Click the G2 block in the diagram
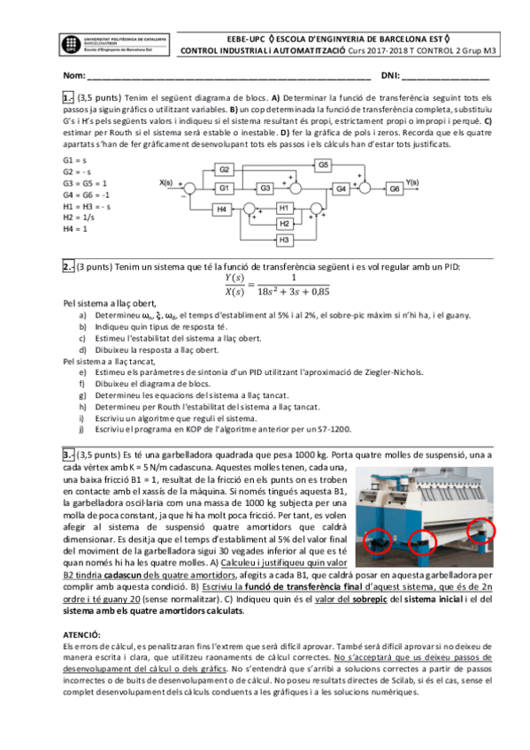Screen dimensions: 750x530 pyautogui.click(x=225, y=170)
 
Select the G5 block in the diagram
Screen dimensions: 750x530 pyautogui.click(x=324, y=165)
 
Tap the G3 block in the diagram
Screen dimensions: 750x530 pyautogui.click(x=265, y=188)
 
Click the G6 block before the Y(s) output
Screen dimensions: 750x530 pyautogui.click(x=395, y=188)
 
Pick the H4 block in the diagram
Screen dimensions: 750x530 pyautogui.click(x=225, y=210)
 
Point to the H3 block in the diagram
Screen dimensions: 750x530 pyautogui.click(x=284, y=240)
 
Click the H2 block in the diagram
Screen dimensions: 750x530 pyautogui.click(x=284, y=224)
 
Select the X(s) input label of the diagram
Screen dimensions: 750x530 pyautogui.click(x=168, y=183)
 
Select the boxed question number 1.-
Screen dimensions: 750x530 pyautogui.click(x=68, y=97)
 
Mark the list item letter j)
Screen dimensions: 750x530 pyautogui.click(x=82, y=429)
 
